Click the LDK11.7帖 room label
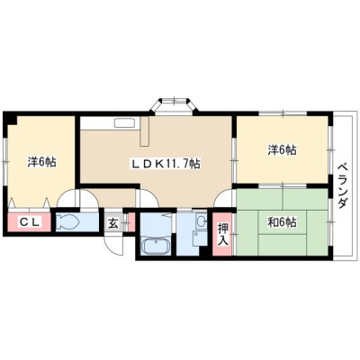[165, 164]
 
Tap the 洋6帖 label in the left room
[41, 162]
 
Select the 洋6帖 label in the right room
[282, 149]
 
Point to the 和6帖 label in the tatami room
[282, 222]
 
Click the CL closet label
[30, 222]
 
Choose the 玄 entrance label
[113, 223]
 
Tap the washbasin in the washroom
[201, 222]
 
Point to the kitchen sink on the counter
[124, 123]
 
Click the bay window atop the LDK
[174, 106]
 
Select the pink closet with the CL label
[29, 222]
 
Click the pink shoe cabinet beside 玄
[131, 222]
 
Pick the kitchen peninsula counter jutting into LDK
[145, 131]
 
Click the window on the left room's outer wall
[5, 161]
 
